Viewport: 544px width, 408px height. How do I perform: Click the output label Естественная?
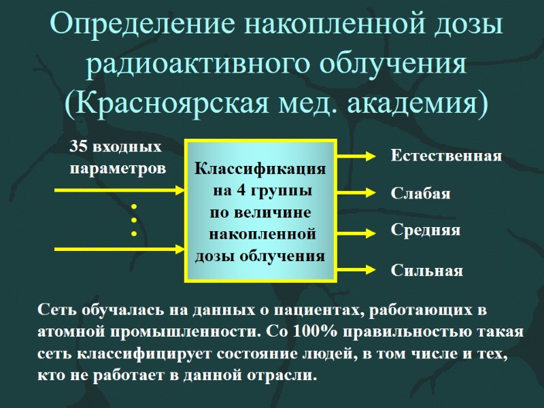(446, 156)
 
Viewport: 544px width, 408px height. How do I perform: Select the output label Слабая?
(421, 194)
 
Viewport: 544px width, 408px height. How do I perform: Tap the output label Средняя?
(426, 230)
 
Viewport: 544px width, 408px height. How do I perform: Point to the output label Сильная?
(427, 271)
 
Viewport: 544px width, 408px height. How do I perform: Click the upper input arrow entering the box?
(120, 190)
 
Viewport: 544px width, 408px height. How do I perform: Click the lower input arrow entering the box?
(120, 248)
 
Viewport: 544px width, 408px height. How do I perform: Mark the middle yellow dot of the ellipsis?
(134, 220)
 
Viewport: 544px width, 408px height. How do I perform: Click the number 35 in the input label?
(79, 147)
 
